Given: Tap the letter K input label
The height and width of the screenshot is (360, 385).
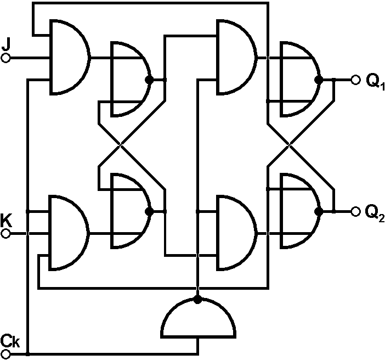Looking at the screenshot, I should point(6,221).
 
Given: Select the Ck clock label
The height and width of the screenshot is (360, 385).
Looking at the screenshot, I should point(10,341).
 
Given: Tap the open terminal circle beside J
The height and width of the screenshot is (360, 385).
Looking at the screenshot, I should point(6,57).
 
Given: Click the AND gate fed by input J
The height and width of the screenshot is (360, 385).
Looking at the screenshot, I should point(68,57).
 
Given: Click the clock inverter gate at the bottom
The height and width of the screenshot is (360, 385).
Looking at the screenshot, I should point(199,320).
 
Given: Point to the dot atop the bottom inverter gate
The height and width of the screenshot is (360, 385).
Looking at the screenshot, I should point(199,300).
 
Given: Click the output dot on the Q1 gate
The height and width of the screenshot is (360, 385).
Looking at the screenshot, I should point(318,80).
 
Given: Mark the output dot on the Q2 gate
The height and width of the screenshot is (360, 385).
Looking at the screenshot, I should point(318,211).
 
